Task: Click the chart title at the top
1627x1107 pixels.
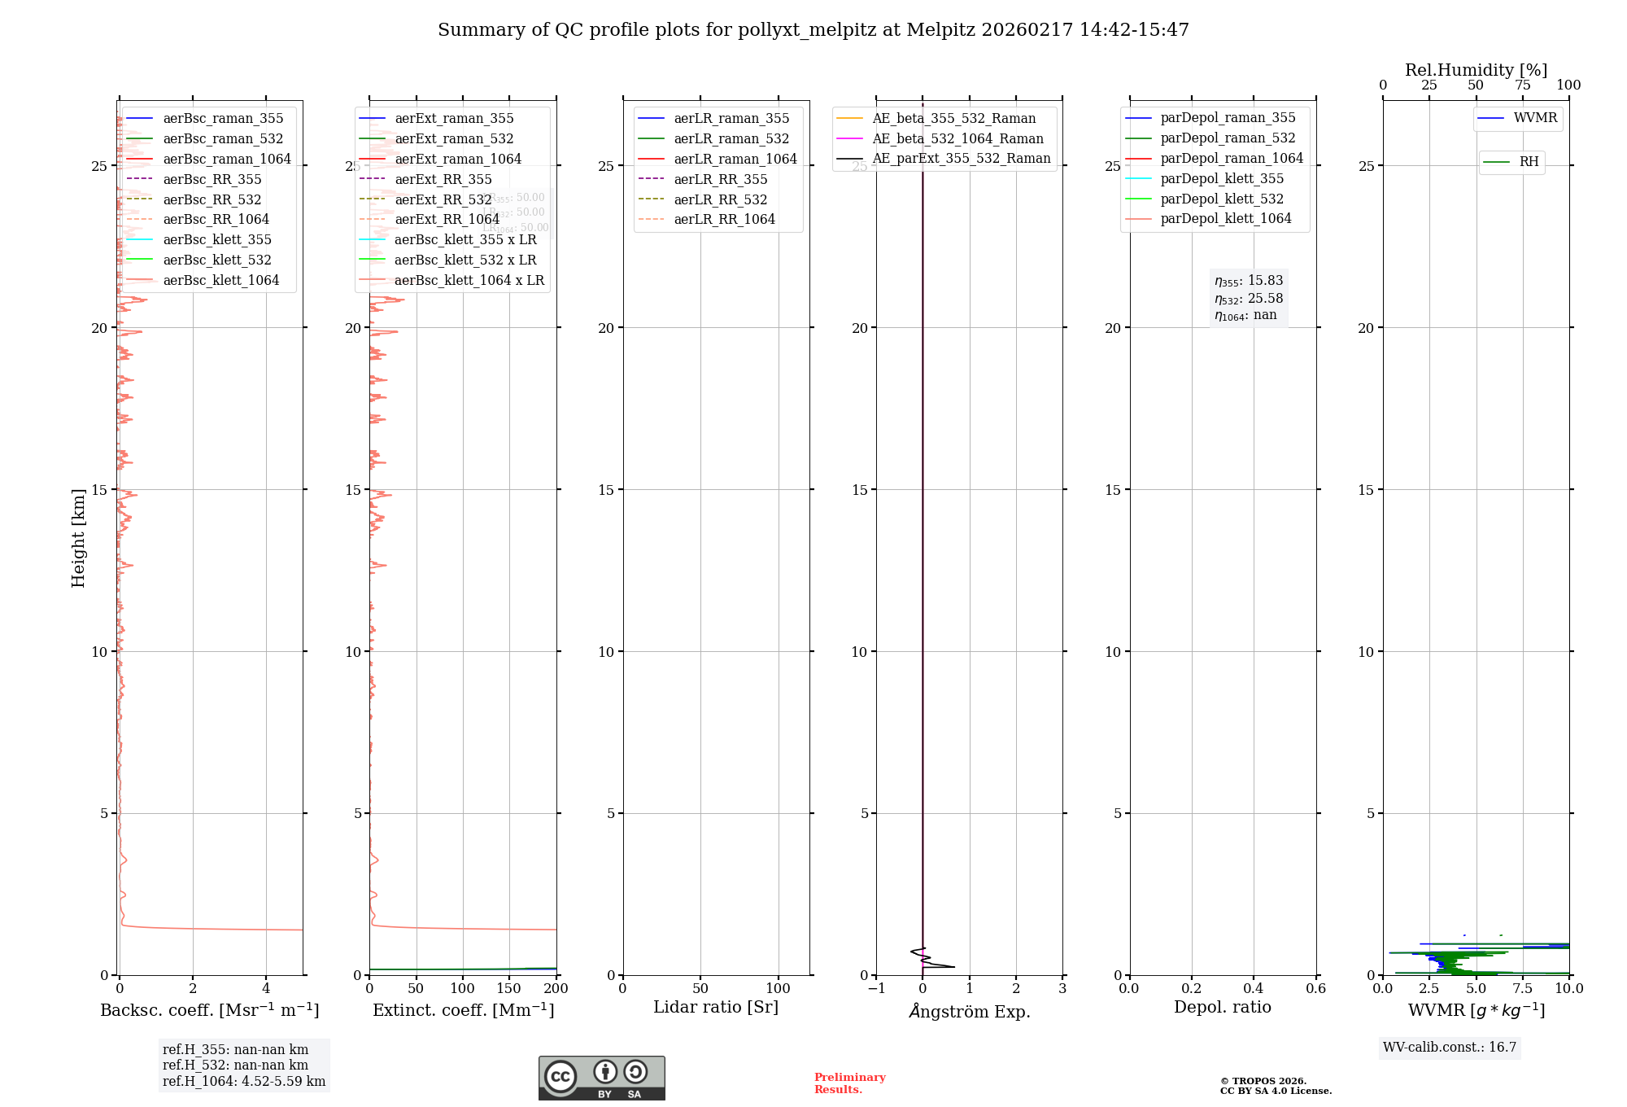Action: click(x=813, y=30)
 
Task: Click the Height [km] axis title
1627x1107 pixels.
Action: click(x=78, y=538)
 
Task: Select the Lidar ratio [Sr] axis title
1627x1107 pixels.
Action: click(x=716, y=1007)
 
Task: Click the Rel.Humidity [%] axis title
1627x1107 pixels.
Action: click(x=1476, y=70)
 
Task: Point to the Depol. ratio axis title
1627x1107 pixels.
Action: click(x=1222, y=1007)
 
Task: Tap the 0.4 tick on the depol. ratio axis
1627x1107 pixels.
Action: click(x=1254, y=988)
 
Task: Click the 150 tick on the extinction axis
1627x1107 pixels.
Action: click(x=509, y=988)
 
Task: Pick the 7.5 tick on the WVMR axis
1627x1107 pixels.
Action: click(x=1523, y=988)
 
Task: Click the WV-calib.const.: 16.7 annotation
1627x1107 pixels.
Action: click(x=1450, y=1047)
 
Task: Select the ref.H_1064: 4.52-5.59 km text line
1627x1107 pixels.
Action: click(x=244, y=1081)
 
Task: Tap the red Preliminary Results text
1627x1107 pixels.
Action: click(x=849, y=1083)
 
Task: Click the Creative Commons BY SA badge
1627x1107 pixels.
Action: click(x=601, y=1078)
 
